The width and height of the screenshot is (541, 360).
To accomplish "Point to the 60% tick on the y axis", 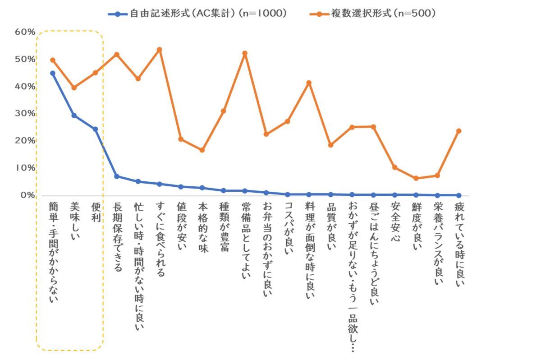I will pos(25,32).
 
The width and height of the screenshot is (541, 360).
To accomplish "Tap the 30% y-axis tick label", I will pos(25,113).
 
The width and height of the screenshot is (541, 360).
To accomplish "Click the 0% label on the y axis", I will pos(27,195).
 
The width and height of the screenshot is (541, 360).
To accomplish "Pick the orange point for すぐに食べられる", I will pos(159,50).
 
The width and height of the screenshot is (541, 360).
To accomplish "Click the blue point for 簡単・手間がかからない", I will pos(53,73).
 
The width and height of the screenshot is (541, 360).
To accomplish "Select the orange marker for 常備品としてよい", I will pos(245,53).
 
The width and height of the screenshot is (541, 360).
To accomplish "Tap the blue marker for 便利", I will pos(95,129).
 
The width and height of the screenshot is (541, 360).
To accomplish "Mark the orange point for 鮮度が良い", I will pos(416,178).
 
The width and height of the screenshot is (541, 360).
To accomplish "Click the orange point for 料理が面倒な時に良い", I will pos(309,83).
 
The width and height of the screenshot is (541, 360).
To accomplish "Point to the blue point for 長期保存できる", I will pos(116,176).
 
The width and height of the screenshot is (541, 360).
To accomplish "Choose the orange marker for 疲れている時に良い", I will pos(458,131).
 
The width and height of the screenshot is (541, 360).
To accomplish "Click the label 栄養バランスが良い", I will pos(437,244).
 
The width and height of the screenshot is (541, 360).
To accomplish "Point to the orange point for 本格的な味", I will pos(202,150).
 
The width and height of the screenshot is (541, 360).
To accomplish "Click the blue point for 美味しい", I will pos(74,115).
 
